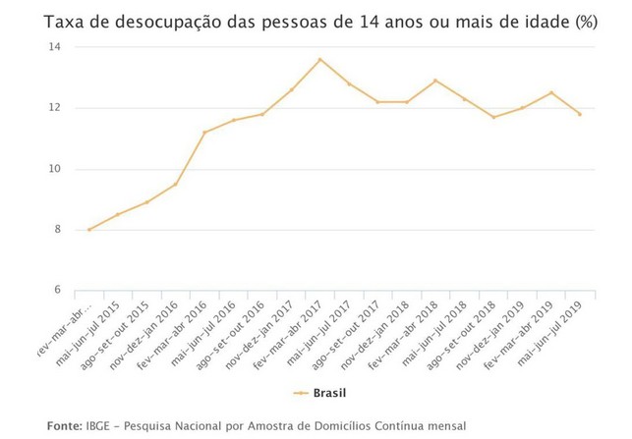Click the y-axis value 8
point(57,230)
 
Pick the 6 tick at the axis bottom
point(57,291)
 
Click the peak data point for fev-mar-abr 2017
point(320,59)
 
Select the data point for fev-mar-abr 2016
point(204,133)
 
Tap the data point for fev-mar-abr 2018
point(435,81)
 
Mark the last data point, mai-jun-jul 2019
point(580,114)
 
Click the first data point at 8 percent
point(89,230)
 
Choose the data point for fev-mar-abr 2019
point(551,93)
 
